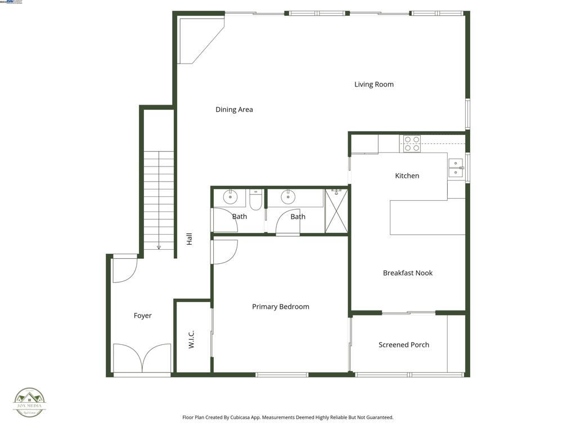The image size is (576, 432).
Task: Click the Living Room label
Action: pos(373,84)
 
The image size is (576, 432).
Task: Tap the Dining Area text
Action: pos(234,110)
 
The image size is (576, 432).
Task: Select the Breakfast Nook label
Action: pos(407,273)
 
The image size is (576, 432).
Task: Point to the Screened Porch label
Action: pos(403,345)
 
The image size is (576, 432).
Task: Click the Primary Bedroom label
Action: pos(280,307)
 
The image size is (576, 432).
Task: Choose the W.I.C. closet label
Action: pos(191,339)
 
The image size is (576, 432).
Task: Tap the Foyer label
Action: pos(142,316)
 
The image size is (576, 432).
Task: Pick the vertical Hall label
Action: pos(190,239)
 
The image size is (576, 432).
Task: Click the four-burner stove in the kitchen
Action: pos(412,143)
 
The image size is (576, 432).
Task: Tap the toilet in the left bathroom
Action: pos(256,200)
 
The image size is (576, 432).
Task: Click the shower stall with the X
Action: pos(336,212)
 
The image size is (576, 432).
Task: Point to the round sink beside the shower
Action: pos(289,197)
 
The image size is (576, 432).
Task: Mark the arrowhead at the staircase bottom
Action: pos(159,246)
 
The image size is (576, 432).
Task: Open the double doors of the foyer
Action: pos(142,359)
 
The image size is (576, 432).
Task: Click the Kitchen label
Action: pos(407,175)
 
